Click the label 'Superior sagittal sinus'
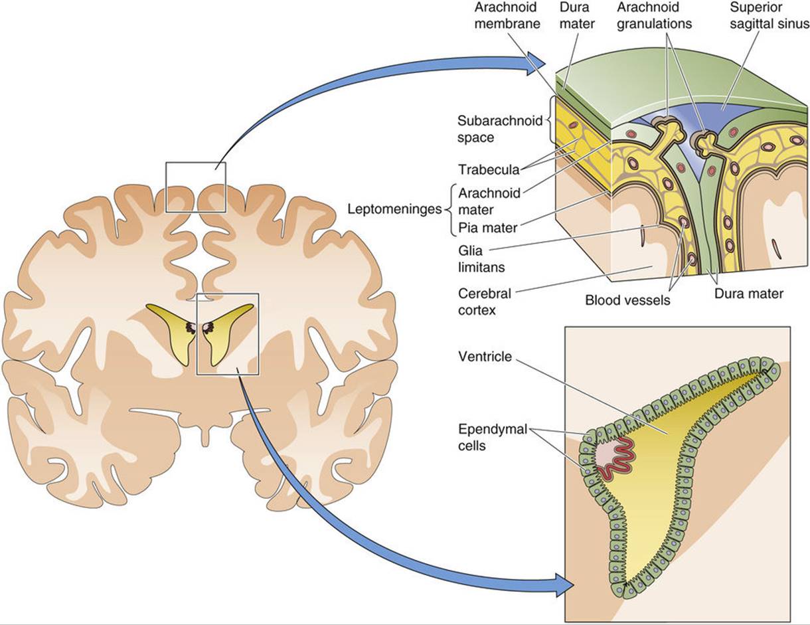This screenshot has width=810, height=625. [x=769, y=15]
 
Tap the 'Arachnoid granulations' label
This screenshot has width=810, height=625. [x=655, y=15]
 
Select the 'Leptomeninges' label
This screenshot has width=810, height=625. [x=394, y=209]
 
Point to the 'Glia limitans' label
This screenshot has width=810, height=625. [x=481, y=258]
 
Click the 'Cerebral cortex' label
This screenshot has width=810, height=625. [x=485, y=302]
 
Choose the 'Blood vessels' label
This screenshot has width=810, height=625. [x=627, y=300]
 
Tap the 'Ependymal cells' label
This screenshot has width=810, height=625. [x=493, y=437]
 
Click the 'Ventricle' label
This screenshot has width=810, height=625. [x=485, y=357]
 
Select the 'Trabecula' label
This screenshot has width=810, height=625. [x=489, y=169]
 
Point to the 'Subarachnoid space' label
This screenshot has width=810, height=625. [x=500, y=129]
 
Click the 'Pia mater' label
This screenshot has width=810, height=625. [x=487, y=227]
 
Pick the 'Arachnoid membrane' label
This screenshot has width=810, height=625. [x=508, y=15]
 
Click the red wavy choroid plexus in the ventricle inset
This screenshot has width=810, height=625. [x=617, y=461]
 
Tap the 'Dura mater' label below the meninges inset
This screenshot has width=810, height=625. [x=749, y=294]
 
